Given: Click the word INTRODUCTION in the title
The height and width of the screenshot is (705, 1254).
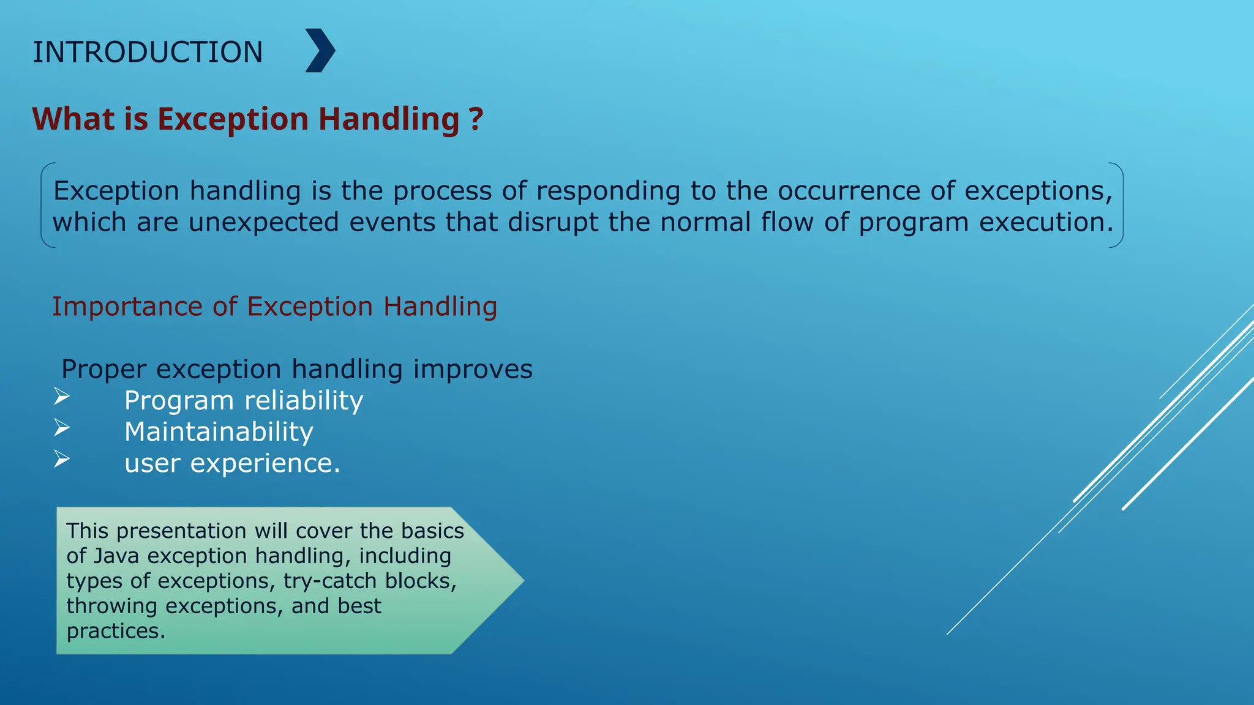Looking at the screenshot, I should tap(148, 52).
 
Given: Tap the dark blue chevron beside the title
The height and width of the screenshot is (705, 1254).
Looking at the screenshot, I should tap(320, 51).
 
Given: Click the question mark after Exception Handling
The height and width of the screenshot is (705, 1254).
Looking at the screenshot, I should tap(476, 119).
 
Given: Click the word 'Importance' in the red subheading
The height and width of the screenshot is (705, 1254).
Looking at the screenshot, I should tap(127, 307).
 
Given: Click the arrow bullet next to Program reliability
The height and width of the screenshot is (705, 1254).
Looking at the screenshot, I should tap(62, 397).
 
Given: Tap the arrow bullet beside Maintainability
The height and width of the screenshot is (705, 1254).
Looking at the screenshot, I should tap(62, 427).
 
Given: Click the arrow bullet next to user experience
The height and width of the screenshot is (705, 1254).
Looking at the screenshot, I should tap(62, 458).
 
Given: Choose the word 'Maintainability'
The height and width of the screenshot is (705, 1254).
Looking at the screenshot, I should tap(219, 432).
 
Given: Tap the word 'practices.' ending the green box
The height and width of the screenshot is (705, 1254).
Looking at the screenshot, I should tap(116, 631).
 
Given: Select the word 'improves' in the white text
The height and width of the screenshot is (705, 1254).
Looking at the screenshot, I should tap(473, 370).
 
